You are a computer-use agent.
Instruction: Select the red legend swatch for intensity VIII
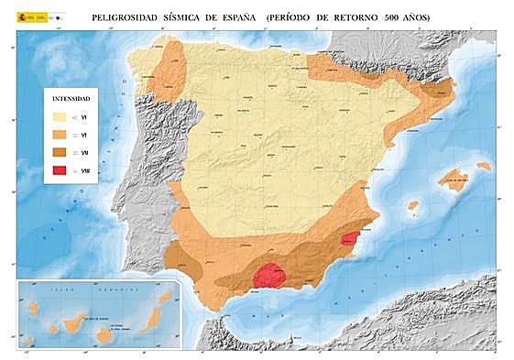coord(60,171)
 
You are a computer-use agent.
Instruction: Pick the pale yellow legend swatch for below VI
coord(60,116)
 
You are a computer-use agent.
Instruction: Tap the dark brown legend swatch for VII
coord(60,153)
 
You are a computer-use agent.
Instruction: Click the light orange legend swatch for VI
coord(60,135)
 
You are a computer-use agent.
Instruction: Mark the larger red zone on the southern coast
coord(268,275)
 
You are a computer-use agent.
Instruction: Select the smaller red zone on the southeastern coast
coord(349,239)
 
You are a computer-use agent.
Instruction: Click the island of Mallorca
coord(453,177)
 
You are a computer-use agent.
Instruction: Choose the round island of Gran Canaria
coord(104,334)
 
